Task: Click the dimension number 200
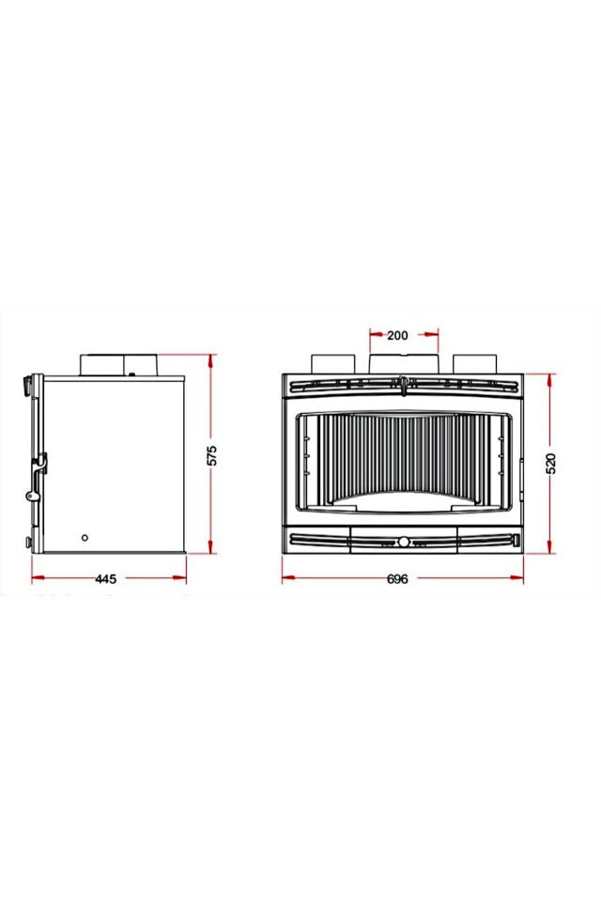tap(396, 335)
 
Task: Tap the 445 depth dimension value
tap(105, 579)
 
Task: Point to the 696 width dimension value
tap(397, 579)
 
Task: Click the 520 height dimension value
tap(551, 463)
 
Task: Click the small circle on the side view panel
tap(85, 538)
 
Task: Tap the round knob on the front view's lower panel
tap(403, 542)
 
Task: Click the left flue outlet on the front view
tap(332, 363)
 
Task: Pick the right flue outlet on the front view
tap(474, 363)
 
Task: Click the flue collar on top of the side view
tap(119, 363)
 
